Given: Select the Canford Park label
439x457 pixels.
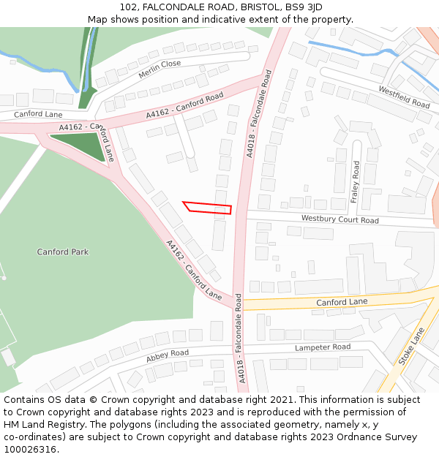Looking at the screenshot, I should pos(63,252).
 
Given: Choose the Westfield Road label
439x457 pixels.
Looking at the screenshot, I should pos(404,97).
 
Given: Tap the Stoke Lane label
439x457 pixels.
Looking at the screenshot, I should pos(411,347).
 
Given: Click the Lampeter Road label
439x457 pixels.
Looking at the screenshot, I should pos(323,347).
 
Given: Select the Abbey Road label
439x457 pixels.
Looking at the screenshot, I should pos(167,356).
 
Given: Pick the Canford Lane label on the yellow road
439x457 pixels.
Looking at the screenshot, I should pos(342,301).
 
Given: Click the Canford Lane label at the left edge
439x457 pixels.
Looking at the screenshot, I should pos(37,114).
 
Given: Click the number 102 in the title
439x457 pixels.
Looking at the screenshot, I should pos(129,7).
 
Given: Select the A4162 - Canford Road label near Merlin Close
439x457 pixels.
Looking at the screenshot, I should pos(184,106).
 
